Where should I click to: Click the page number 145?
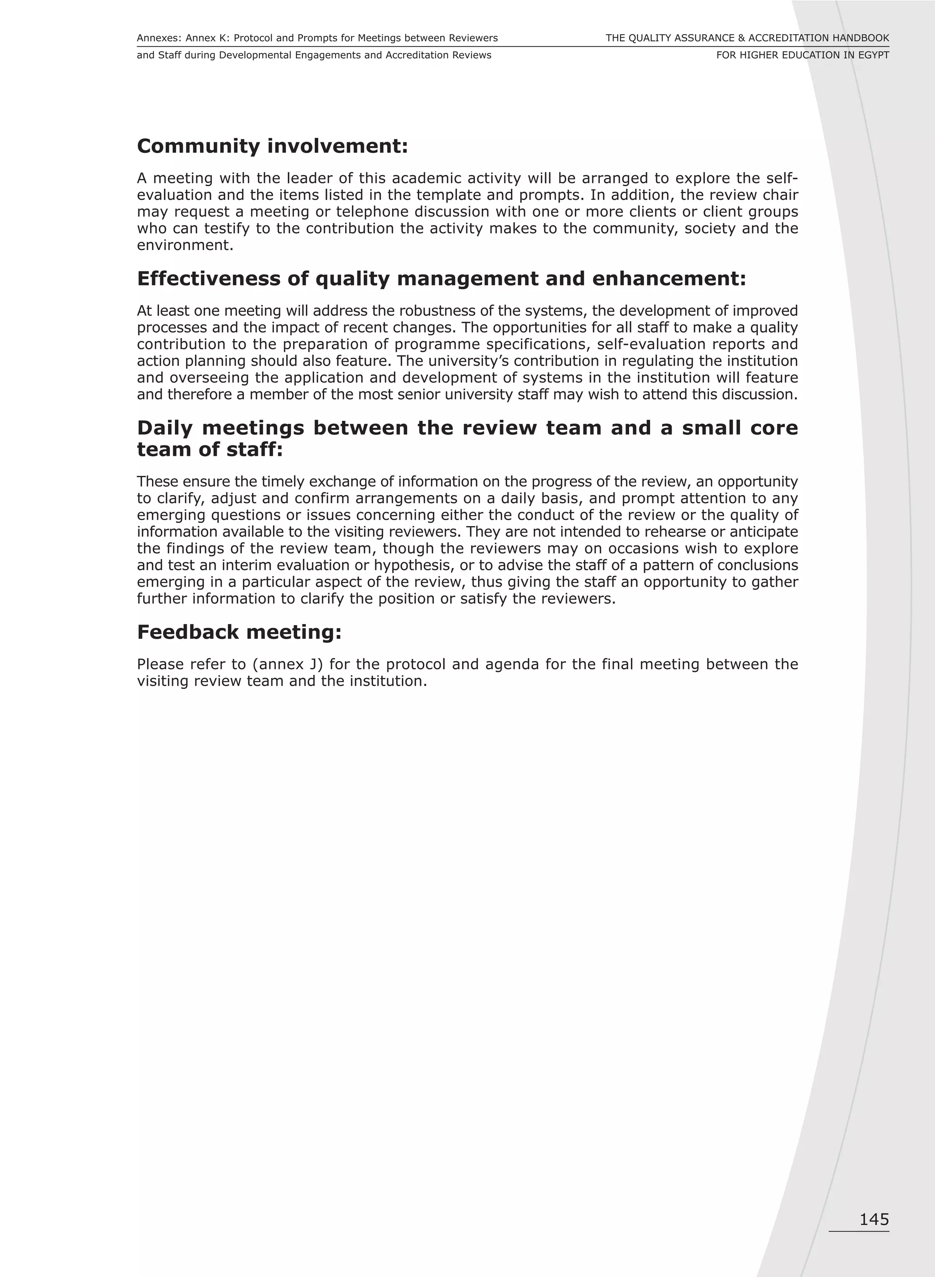tap(874, 1220)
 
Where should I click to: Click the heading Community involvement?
tap(272, 146)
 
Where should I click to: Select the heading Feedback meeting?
tap(239, 632)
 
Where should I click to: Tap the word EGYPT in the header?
tap(873, 55)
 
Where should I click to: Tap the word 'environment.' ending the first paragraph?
tap(185, 245)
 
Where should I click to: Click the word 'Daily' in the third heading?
tap(164, 428)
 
